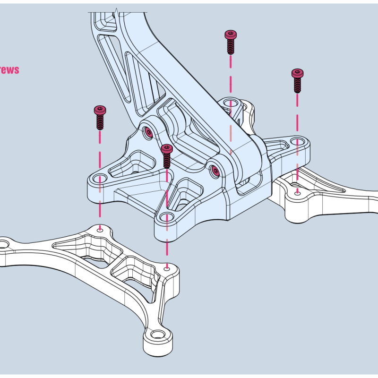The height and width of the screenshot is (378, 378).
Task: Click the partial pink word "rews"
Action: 9,70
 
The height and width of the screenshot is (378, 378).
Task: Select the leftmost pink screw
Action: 100,117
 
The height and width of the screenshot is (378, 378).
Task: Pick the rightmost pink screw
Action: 297,80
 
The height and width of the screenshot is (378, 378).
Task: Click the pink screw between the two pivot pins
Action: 166,156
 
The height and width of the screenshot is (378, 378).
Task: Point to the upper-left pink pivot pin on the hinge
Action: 148,132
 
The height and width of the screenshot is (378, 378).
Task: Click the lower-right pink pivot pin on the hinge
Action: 215,171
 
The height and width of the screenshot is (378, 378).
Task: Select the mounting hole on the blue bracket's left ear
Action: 100,178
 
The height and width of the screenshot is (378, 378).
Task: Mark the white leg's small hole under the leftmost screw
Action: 100,228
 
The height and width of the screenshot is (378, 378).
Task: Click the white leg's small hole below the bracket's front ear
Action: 166,268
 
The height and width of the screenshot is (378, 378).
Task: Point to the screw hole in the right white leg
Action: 297,192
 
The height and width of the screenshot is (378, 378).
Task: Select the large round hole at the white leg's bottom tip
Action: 157,334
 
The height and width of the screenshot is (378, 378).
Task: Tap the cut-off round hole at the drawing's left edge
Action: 4,244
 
